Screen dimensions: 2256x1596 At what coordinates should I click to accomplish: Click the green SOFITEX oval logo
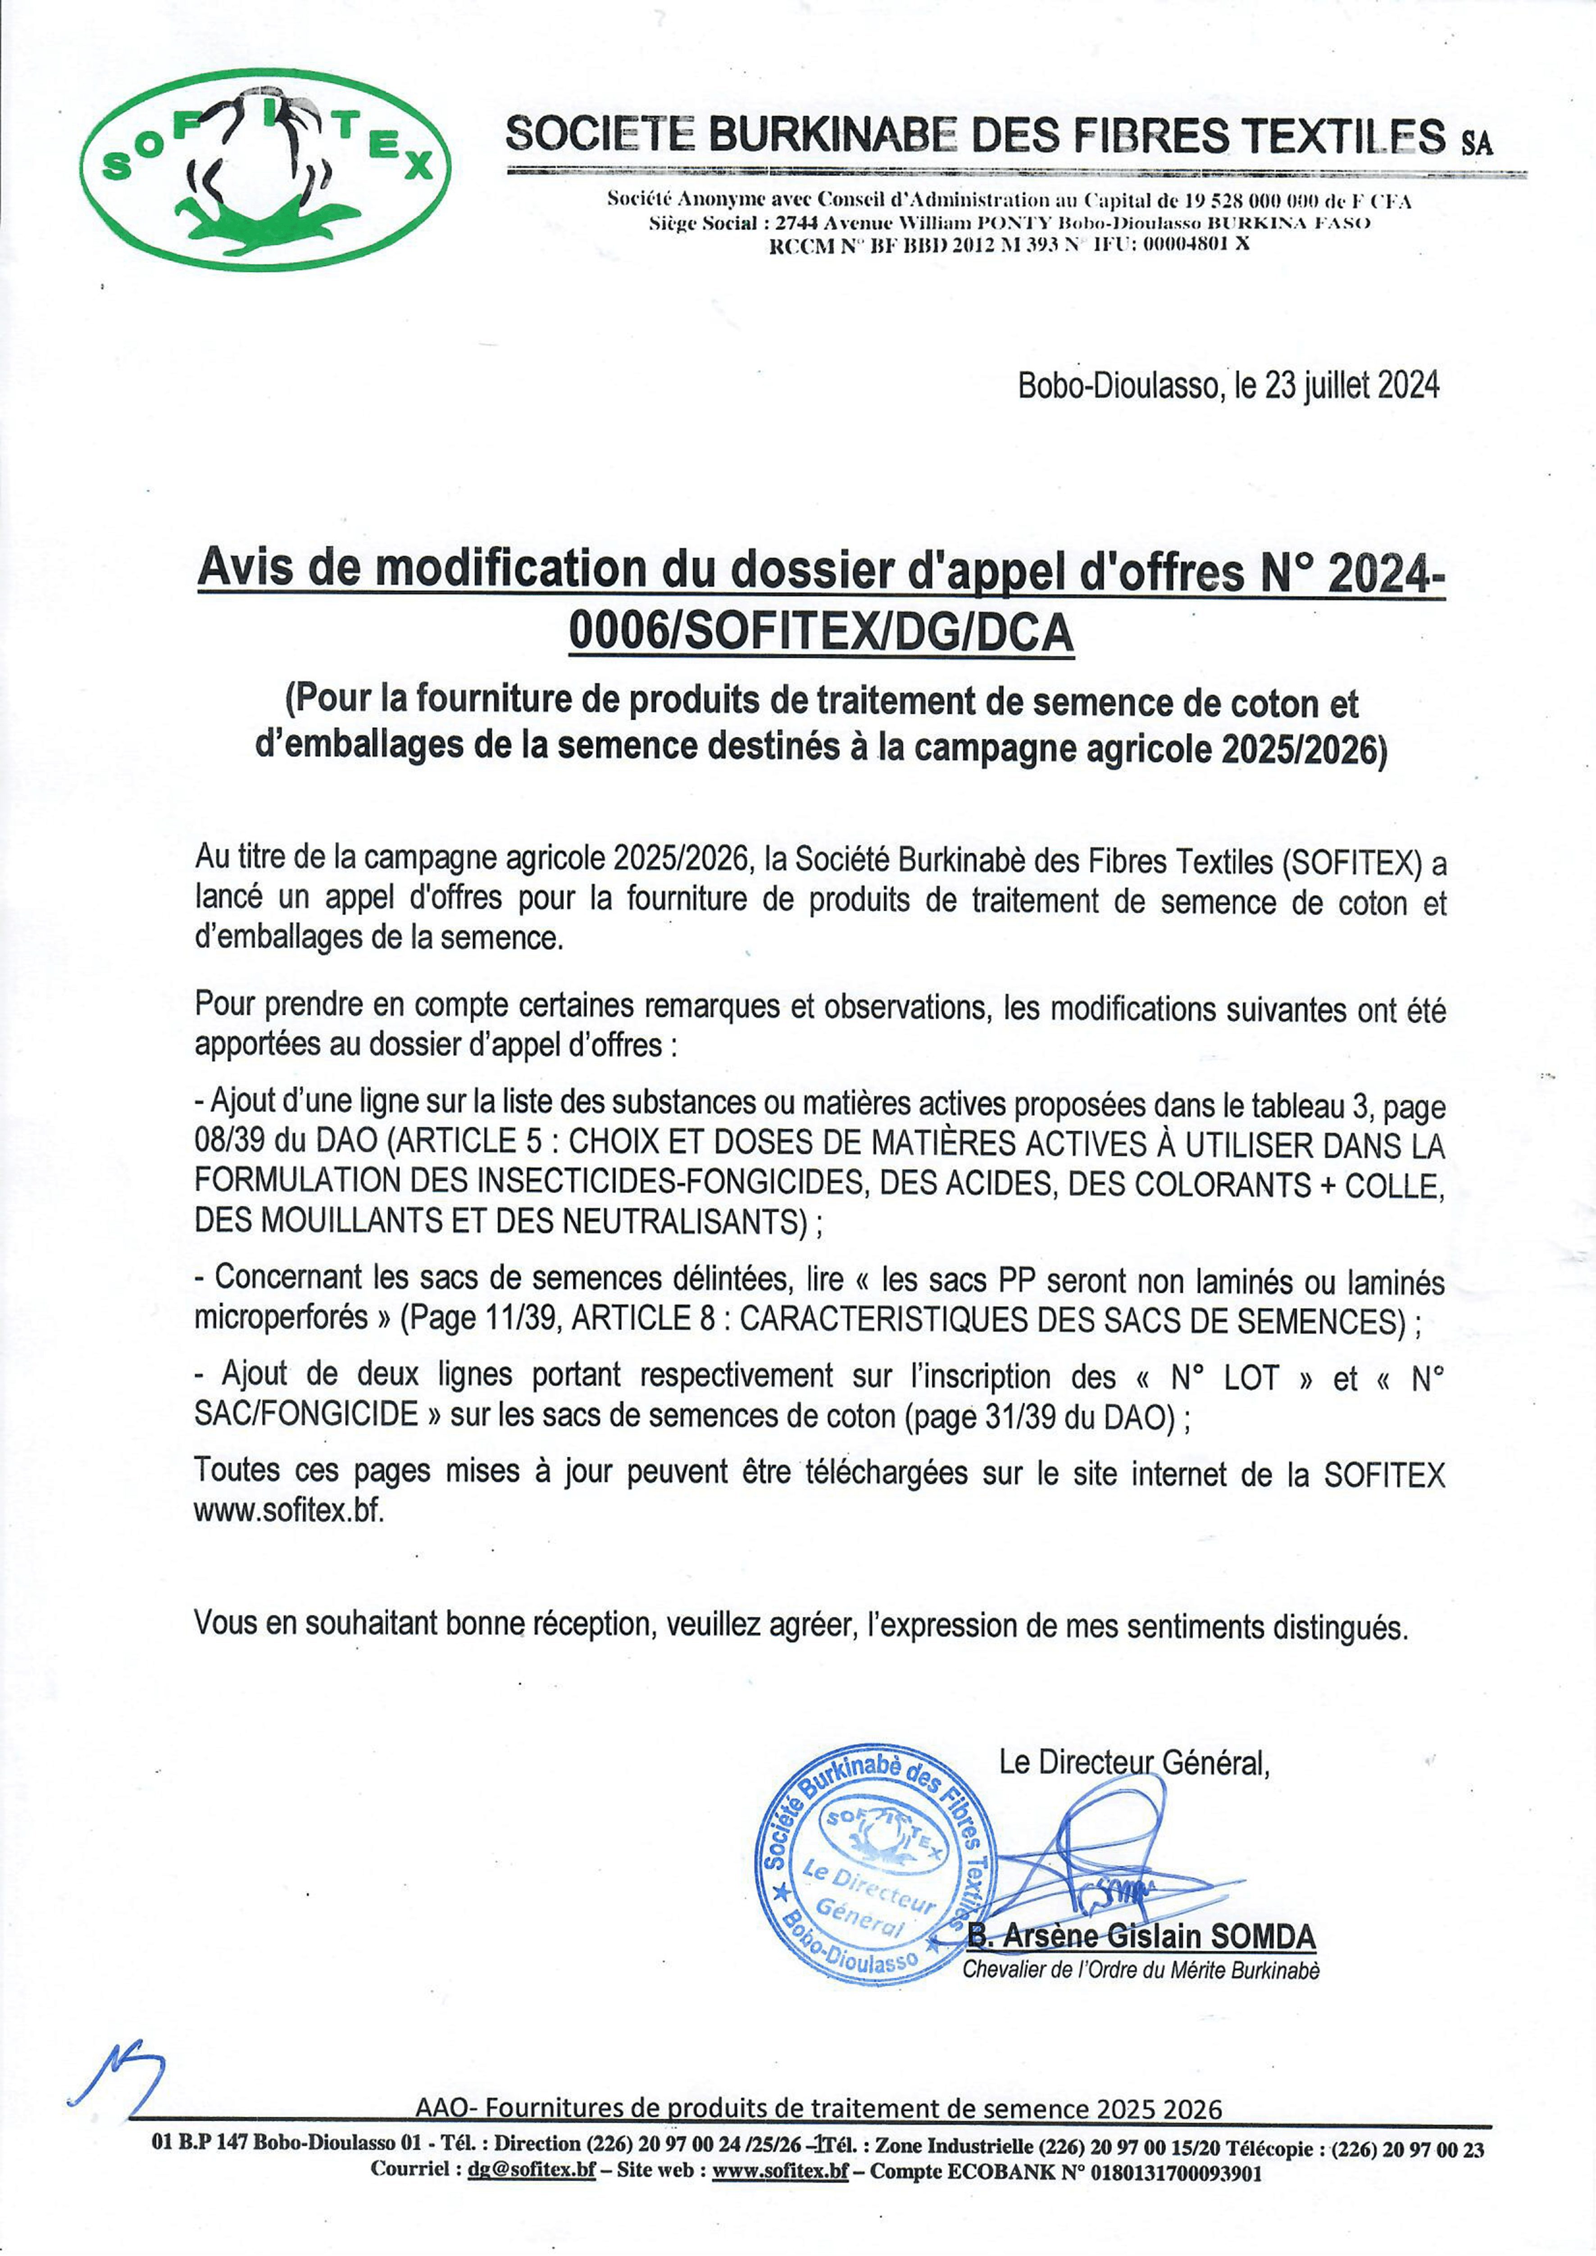pos(265,169)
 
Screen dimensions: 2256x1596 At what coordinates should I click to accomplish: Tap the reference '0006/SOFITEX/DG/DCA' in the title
pos(822,635)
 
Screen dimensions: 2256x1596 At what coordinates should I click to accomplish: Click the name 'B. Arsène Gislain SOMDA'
pos(1141,1937)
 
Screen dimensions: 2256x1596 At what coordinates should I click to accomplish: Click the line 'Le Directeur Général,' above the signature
pos(1134,1764)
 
